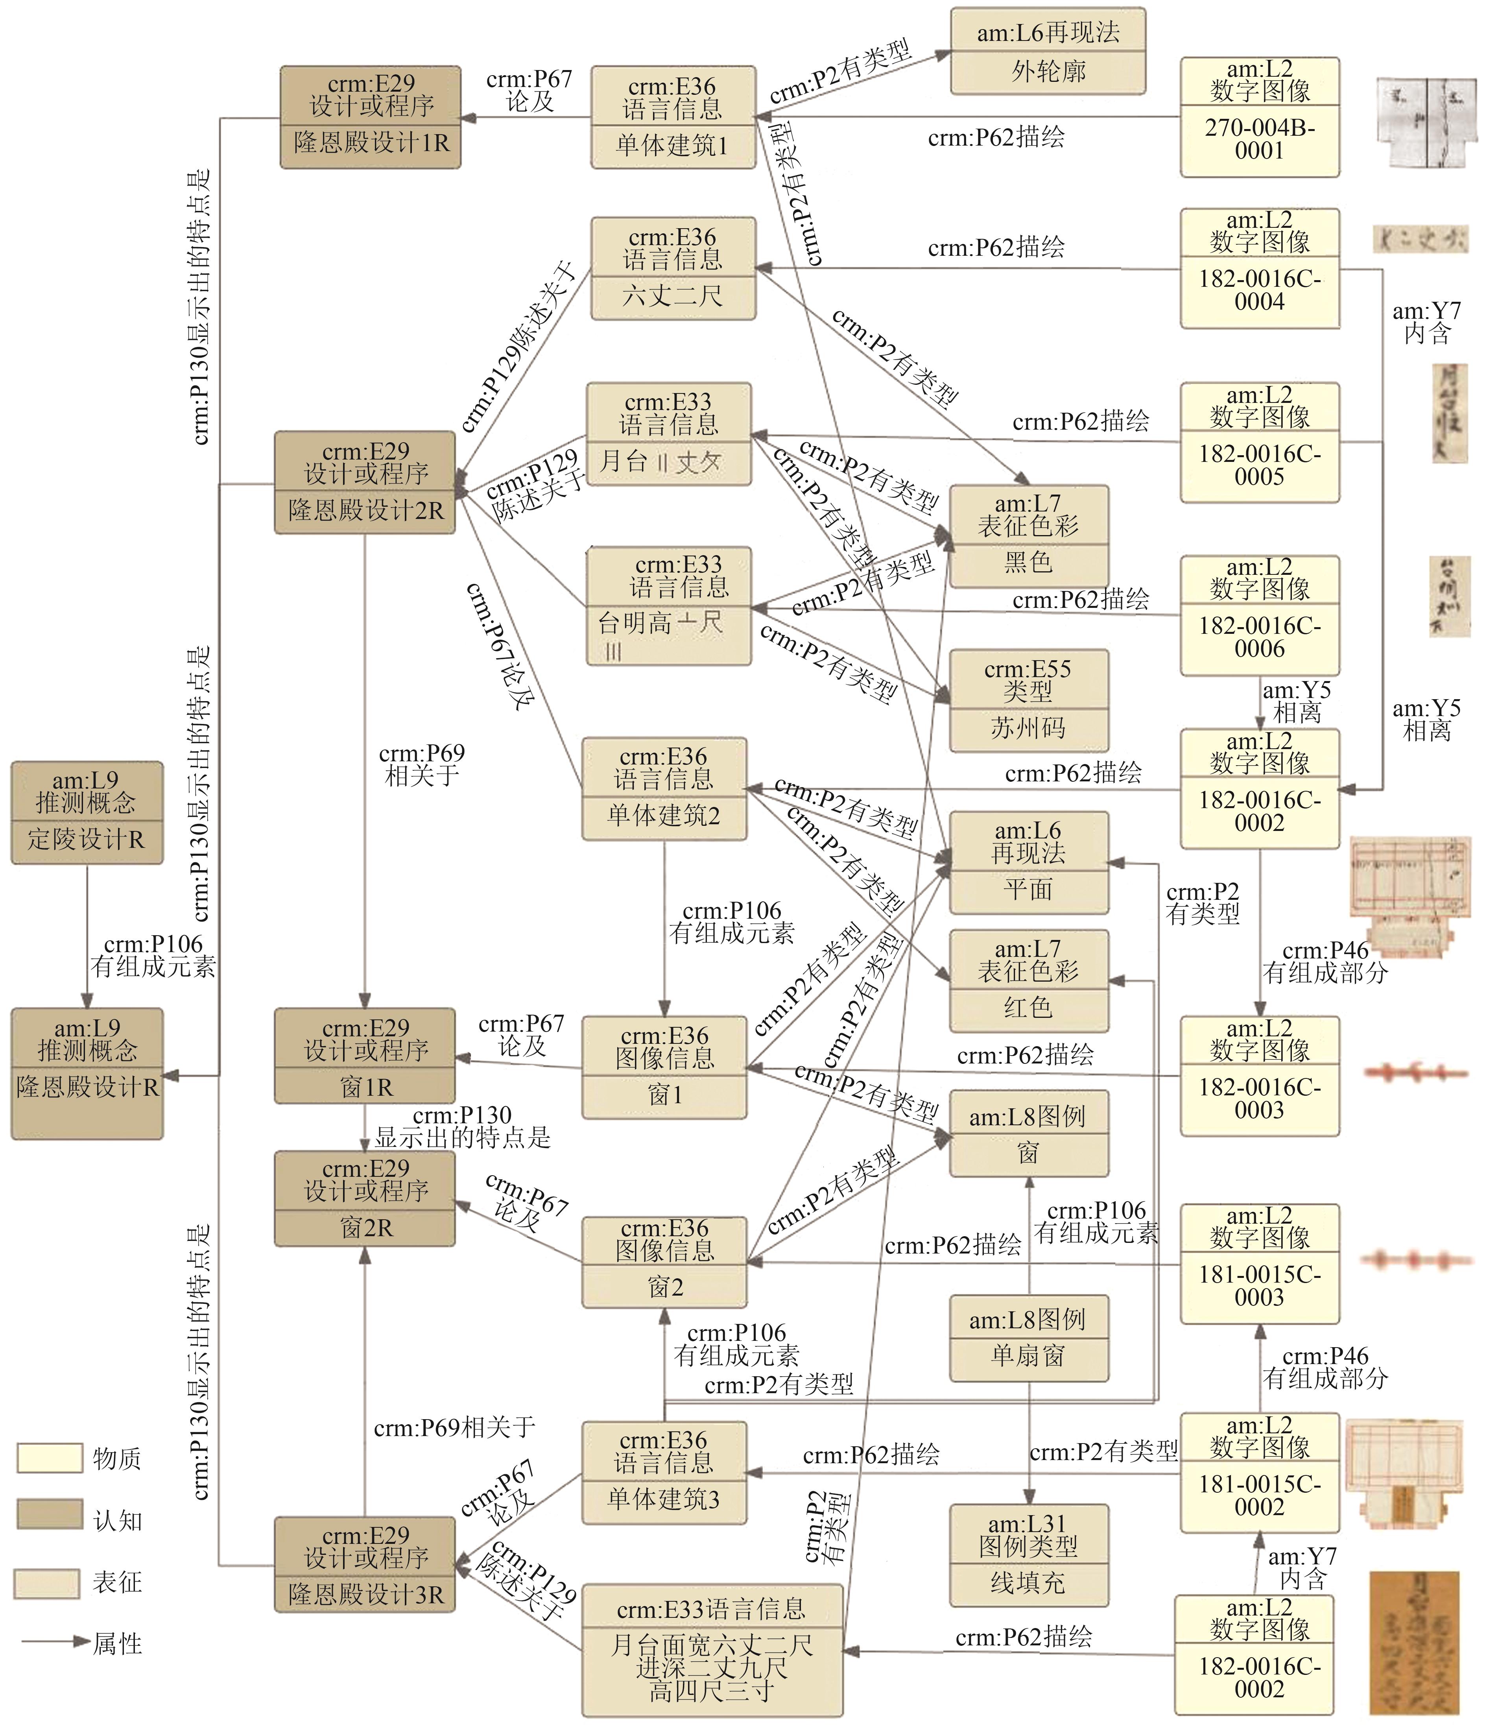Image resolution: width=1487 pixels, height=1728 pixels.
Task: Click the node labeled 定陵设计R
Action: coord(87,812)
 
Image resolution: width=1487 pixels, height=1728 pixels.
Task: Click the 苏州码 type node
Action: coord(1028,701)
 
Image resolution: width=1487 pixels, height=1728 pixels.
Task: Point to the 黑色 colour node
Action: coord(1028,536)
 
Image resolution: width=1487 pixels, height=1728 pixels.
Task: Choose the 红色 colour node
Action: coord(1028,981)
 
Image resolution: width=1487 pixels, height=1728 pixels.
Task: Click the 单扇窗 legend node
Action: coord(1028,1338)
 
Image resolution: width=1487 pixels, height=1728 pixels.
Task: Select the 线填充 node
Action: coord(1028,1555)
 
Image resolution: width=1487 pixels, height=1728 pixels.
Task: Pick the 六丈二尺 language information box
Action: coord(673,269)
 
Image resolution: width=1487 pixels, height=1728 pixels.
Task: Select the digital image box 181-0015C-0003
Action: coord(1259,1263)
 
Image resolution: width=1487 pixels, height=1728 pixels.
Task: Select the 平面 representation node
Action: coord(1028,862)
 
